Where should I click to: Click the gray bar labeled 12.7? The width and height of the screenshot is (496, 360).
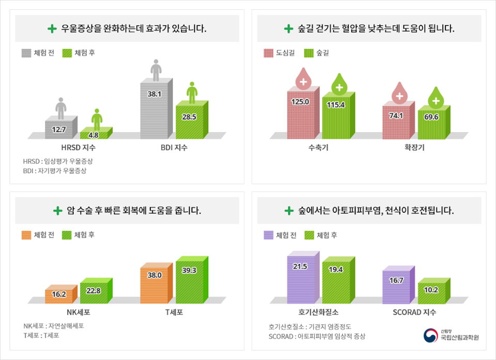[x=60, y=129]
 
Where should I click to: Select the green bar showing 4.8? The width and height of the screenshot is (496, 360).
[x=95, y=134]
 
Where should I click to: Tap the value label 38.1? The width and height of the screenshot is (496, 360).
[x=154, y=95]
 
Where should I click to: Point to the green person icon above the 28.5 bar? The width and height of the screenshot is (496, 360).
[x=192, y=92]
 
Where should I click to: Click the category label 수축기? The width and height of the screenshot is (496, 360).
[x=318, y=148]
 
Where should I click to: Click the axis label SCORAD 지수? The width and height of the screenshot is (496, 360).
[x=414, y=312]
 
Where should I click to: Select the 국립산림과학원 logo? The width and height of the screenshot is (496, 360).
[x=451, y=335]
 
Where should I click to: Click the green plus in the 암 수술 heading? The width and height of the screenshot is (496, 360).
[x=58, y=211]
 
